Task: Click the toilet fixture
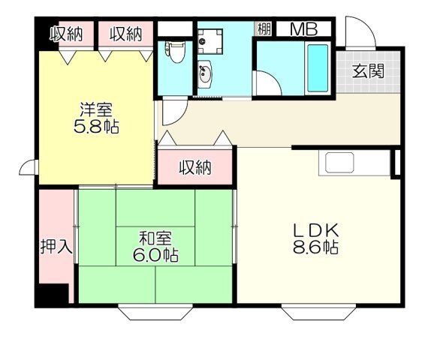(175, 52)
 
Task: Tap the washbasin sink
(205, 73)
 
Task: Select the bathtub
(318, 67)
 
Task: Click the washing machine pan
(210, 41)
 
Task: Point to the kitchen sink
(339, 163)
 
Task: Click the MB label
(304, 29)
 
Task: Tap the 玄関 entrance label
(368, 71)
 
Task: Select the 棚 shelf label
(264, 29)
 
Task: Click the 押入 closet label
(56, 246)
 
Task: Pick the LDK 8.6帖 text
(315, 238)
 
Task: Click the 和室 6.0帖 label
(155, 246)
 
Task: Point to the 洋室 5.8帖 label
(96, 118)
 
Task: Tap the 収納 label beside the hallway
(195, 167)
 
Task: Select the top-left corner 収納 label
(67, 34)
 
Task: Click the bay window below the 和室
(155, 312)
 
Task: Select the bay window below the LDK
(318, 312)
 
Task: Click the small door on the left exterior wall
(27, 167)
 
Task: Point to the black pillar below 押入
(52, 295)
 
